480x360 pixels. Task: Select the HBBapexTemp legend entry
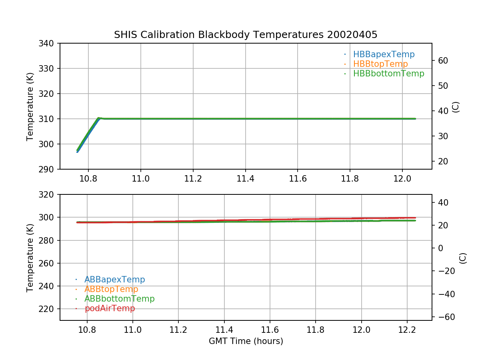[x=384, y=54]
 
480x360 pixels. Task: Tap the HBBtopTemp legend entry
[x=380, y=64]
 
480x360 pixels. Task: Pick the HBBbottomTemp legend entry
[x=388, y=74]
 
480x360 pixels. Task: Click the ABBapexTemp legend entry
[x=114, y=280]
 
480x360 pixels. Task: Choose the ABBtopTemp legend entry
[x=111, y=289]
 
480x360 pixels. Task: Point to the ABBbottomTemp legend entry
[x=119, y=299]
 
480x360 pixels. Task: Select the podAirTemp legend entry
[x=110, y=308]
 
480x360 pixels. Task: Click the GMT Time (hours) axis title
[x=246, y=341]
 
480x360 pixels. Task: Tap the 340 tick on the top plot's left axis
[x=48, y=43]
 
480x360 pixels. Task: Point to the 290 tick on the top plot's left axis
[x=48, y=169]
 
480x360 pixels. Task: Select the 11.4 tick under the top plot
[x=245, y=178]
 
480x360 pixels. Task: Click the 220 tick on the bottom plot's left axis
[x=48, y=309]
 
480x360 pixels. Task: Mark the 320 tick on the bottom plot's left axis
[x=48, y=195]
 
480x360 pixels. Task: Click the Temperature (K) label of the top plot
[x=30, y=106]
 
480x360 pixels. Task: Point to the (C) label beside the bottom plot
[x=463, y=258]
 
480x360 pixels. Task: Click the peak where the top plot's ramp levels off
[x=99, y=118]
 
